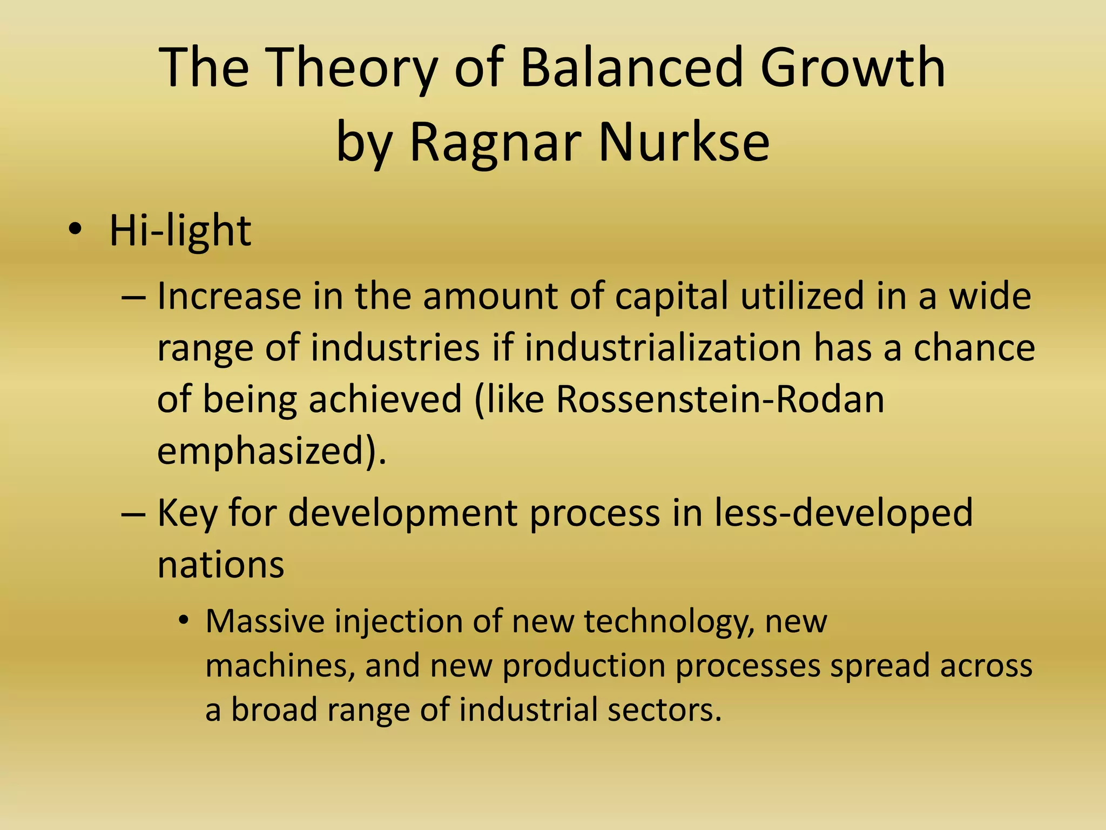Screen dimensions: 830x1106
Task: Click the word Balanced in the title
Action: point(632,68)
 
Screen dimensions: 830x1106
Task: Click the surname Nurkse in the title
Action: point(683,142)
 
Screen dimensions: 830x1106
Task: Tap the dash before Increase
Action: point(133,298)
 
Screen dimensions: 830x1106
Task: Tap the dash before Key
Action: point(133,514)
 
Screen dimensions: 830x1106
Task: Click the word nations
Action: point(221,565)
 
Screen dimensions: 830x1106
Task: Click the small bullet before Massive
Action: point(184,620)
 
